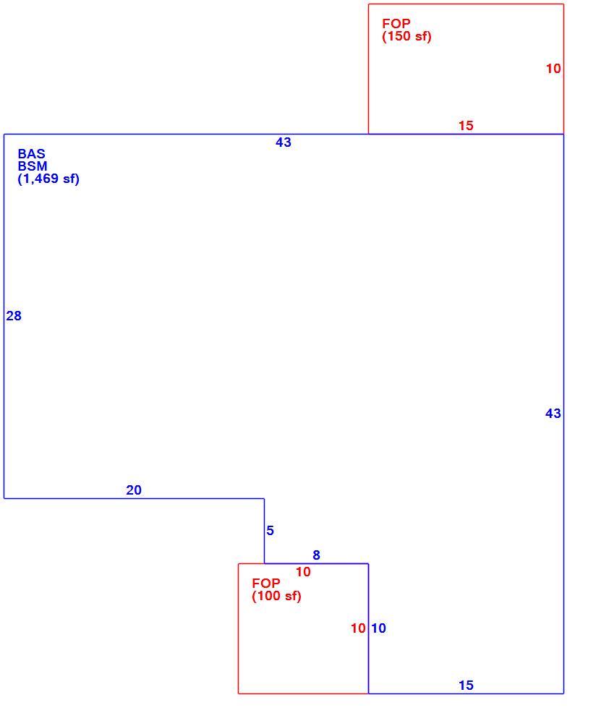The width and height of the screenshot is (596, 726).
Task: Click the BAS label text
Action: (32, 154)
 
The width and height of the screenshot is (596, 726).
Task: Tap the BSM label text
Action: (33, 166)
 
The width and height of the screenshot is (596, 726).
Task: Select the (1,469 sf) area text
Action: (48, 179)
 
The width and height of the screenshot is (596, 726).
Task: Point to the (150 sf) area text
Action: (406, 37)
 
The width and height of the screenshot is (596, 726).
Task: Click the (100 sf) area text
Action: (276, 596)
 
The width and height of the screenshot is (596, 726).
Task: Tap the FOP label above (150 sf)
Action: (396, 24)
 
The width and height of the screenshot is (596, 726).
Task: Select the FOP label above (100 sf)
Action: (266, 583)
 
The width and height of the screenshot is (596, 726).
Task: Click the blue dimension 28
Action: (14, 316)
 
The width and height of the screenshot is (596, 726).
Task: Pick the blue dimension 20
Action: (134, 490)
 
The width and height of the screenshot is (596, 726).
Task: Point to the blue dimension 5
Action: (270, 531)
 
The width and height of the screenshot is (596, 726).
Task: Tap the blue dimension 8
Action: (316, 555)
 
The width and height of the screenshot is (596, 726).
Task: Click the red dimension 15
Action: (466, 126)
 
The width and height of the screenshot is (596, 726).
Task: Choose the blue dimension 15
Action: (466, 686)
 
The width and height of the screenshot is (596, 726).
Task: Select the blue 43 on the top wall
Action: (284, 142)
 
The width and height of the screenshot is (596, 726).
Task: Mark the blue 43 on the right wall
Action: (553, 414)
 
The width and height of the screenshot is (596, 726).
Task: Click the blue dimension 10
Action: (378, 628)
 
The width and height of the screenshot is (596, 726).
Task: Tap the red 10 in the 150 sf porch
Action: (553, 69)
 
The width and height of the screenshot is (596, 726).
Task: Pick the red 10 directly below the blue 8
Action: (303, 572)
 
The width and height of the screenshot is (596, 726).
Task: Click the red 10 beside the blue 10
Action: (358, 628)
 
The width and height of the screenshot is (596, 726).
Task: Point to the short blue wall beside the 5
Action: (265, 531)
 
